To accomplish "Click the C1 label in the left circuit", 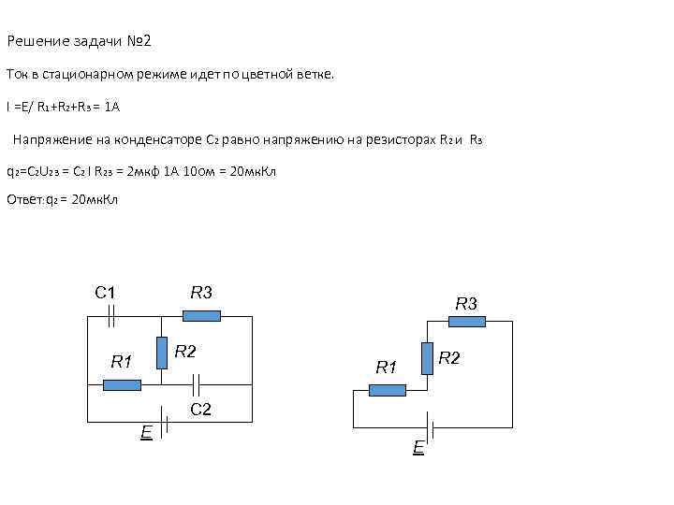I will coord(104,293).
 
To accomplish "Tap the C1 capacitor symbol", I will coord(110,317).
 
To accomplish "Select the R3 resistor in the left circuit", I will coord(201,316).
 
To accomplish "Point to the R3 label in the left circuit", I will coord(200,293).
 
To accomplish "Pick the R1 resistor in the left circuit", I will coord(122,384).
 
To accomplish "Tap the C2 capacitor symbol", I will coord(196,383).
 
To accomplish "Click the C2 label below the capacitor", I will coord(200,409).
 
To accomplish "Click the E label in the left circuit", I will coord(146,432).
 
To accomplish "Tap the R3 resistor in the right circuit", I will coord(466,322).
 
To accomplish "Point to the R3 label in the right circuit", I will coord(466,303).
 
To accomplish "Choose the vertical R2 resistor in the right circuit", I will coord(427,357).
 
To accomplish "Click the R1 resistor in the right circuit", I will coord(387,390).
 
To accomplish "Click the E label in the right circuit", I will coord(418,448).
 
